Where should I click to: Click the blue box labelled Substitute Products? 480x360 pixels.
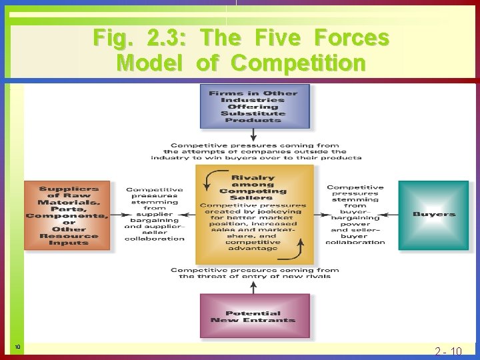pos(253,107)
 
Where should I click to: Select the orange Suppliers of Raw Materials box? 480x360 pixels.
pos(67,215)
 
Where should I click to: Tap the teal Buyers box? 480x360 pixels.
pos(433,215)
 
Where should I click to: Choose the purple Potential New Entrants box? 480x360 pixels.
pos(253,317)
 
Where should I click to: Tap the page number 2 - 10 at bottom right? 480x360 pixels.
pos(447,351)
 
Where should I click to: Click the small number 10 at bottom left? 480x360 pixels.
pos(17,347)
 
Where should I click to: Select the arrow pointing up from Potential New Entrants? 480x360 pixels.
pos(253,287)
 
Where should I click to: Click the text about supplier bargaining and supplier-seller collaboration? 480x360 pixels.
pos(154,214)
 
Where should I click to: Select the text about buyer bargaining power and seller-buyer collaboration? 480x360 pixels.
pos(355,215)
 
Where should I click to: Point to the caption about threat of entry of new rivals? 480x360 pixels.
pos(255,273)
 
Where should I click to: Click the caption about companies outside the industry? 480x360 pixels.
pos(256,151)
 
